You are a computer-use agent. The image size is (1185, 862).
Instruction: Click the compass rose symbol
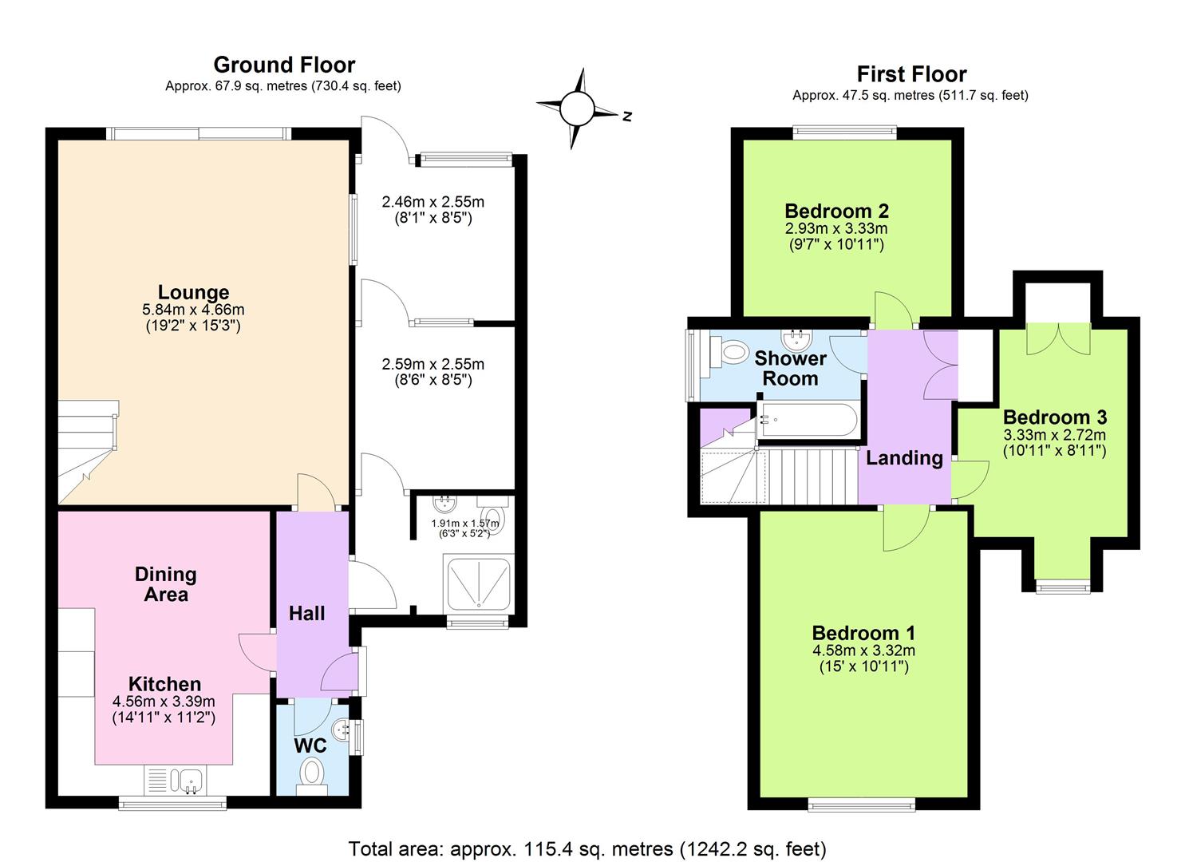(577, 109)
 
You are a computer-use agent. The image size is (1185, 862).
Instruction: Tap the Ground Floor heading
(284, 65)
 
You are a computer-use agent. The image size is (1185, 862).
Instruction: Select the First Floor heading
(911, 74)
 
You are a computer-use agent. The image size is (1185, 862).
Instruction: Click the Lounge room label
(193, 292)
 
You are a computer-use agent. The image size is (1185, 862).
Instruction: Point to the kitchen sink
(191, 779)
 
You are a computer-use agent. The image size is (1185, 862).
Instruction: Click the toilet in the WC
(311, 773)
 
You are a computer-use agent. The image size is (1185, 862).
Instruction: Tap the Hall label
(306, 613)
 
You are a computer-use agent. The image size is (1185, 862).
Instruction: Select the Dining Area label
(165, 584)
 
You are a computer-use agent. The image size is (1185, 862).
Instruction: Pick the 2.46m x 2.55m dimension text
(433, 202)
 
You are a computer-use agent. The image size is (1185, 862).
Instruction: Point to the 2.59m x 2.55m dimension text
(433, 364)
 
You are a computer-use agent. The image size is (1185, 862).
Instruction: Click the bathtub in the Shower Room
(808, 420)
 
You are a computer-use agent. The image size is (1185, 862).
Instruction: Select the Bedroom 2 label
(836, 212)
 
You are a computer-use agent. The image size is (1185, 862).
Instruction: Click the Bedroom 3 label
(1054, 417)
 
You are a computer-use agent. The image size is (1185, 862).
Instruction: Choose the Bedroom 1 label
(863, 633)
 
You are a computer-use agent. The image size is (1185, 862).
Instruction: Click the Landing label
(904, 458)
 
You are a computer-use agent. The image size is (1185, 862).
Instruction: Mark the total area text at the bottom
(587, 848)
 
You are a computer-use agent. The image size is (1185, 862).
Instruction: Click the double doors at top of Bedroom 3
(1058, 339)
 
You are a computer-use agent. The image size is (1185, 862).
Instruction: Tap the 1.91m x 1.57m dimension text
(464, 524)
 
